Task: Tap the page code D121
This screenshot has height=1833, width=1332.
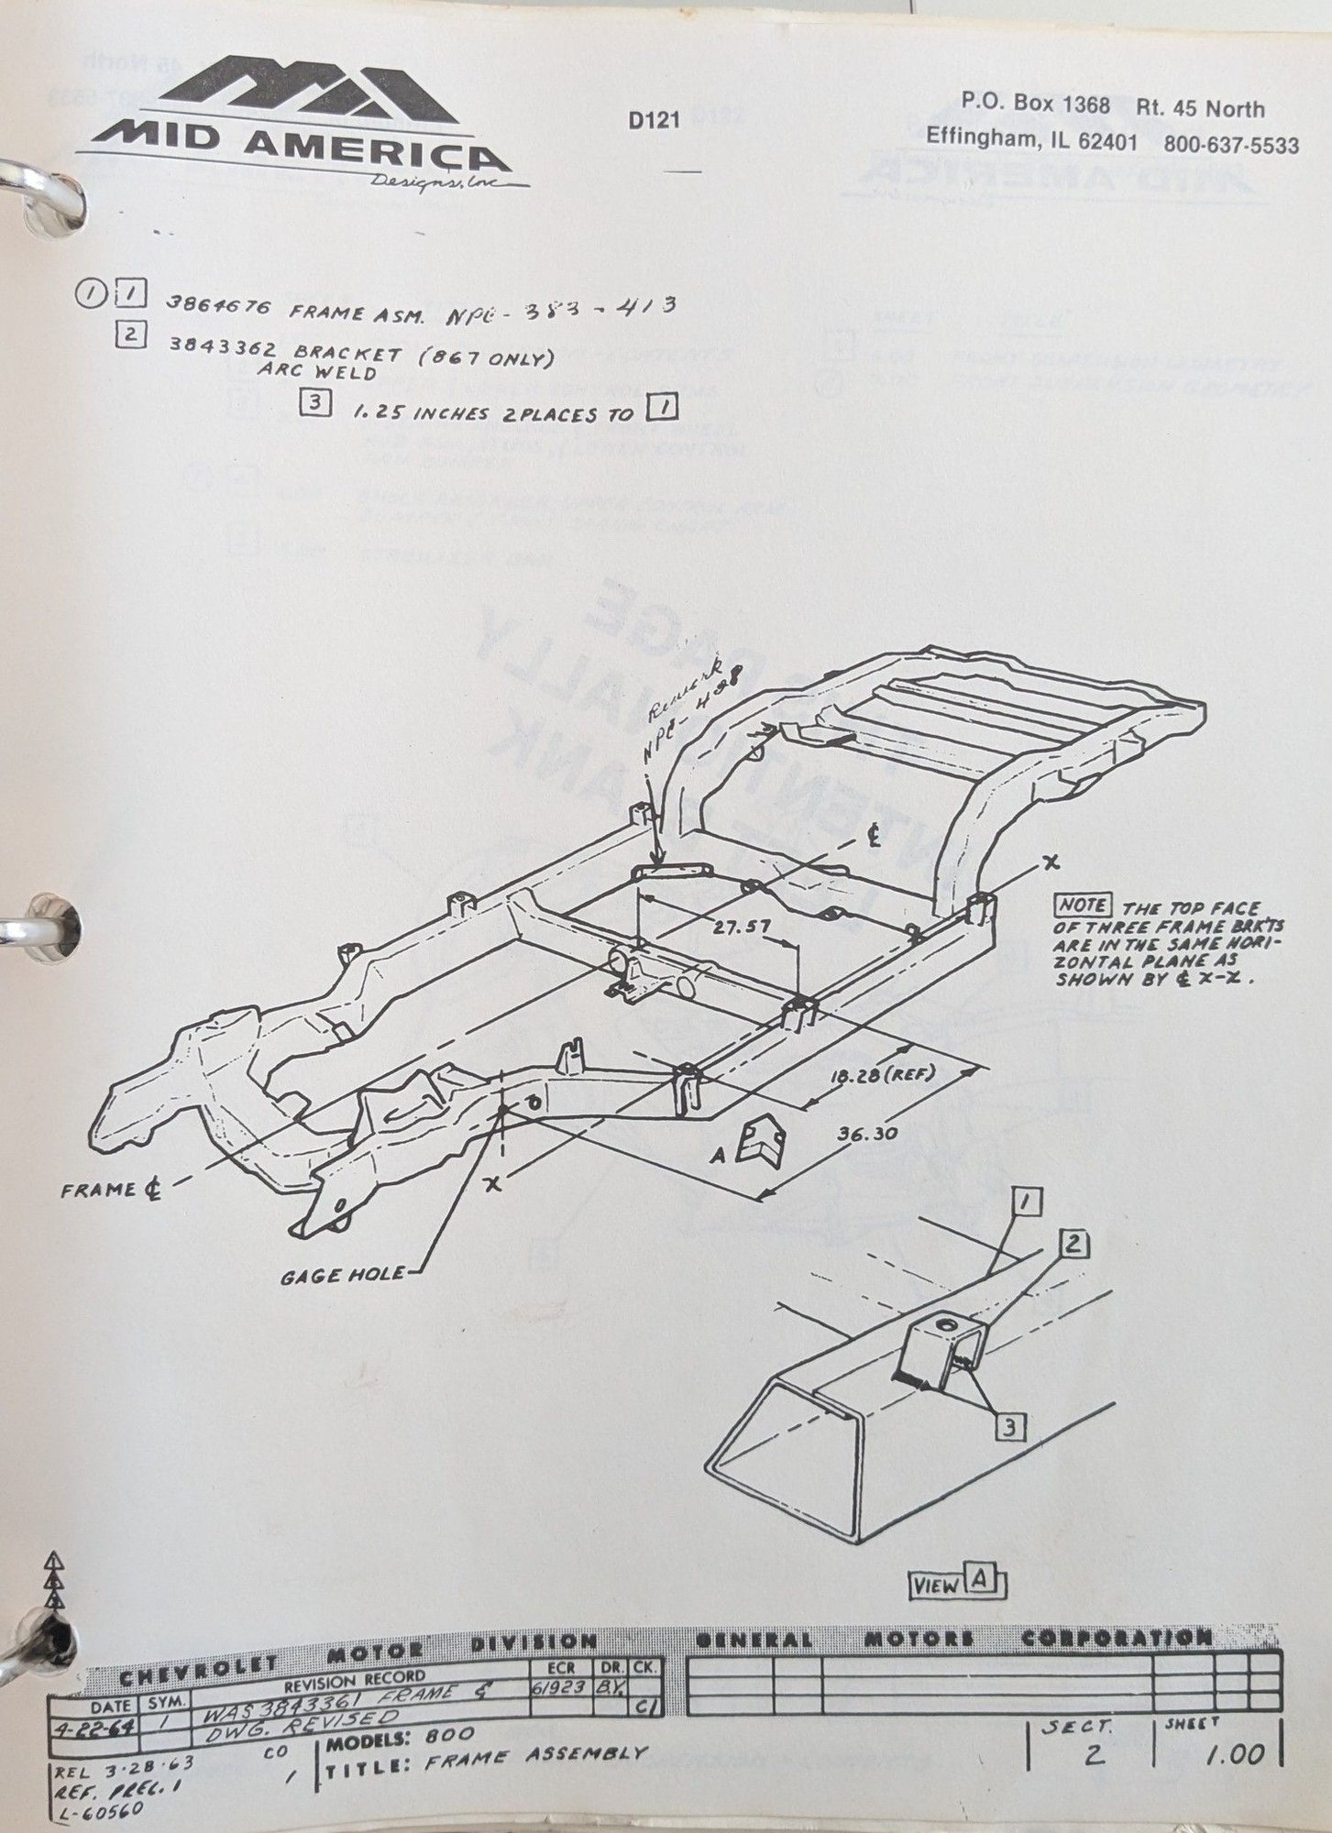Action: (x=654, y=120)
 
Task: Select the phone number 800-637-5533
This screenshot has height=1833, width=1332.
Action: (x=1230, y=145)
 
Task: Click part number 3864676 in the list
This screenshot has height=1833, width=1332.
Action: (x=208, y=310)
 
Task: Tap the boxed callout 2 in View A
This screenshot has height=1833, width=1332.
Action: (x=1074, y=1245)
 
